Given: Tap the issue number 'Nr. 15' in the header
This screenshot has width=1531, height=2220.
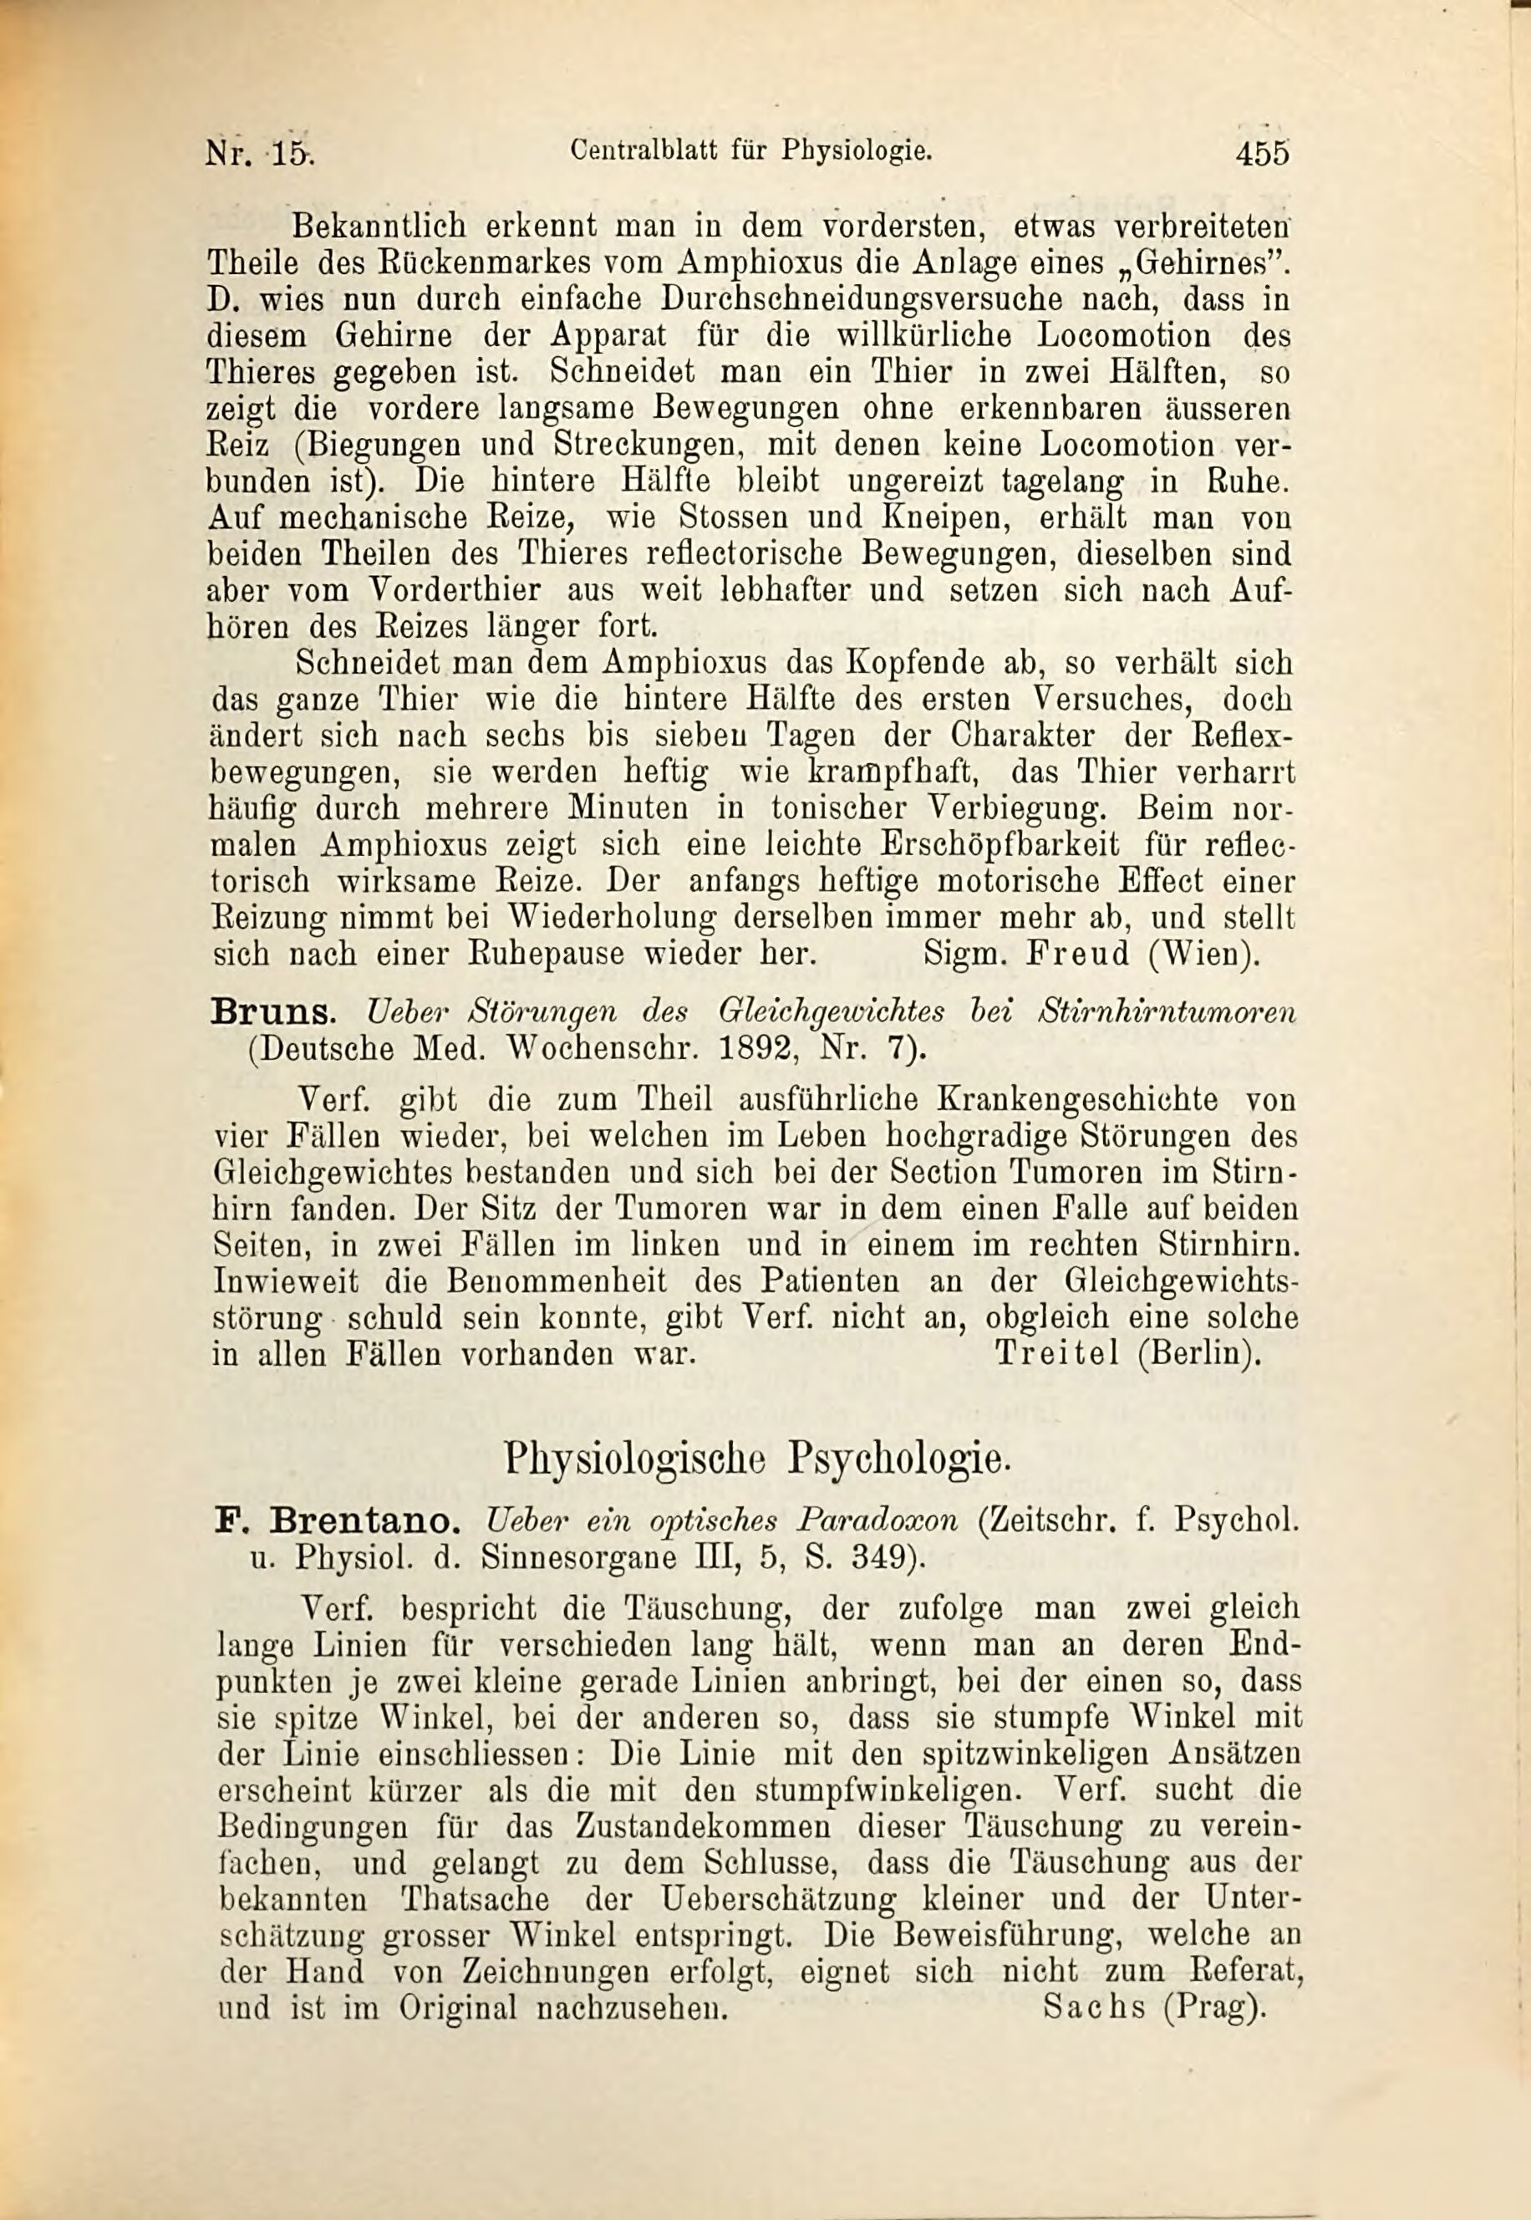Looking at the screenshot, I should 260,154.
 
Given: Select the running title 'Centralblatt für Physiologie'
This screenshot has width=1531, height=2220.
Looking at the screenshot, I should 750,150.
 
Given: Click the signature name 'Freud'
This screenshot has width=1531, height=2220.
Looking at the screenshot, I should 1078,955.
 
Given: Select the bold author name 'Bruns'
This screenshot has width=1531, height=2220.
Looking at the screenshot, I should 272,1011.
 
